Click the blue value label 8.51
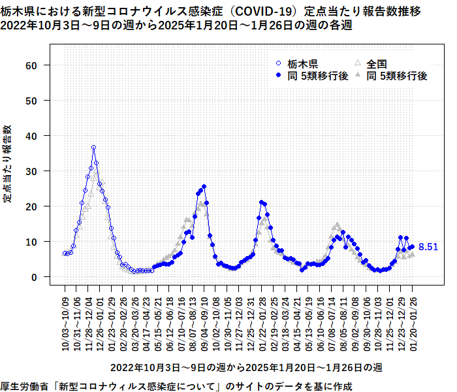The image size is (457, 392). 428,247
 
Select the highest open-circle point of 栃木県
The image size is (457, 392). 93,148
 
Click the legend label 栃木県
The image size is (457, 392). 302,64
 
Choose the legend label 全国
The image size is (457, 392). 377,64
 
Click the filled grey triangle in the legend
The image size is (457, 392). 357,76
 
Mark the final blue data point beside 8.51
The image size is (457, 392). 412,247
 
